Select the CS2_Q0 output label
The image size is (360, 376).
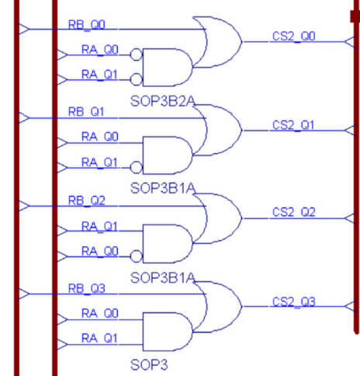293,37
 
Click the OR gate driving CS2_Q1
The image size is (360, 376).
220,124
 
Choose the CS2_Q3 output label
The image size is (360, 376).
293,301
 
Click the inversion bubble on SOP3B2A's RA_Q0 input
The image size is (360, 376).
137,55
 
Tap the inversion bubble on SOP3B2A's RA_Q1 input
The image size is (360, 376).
137,78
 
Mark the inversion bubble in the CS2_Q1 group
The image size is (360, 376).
137,167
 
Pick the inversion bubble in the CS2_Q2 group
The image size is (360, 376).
137,256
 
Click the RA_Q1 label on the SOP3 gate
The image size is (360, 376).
100,339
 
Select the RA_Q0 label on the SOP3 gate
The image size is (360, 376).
100,315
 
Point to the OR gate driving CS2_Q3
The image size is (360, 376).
220,301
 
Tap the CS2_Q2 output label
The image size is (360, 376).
293,212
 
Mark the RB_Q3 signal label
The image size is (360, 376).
85,288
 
